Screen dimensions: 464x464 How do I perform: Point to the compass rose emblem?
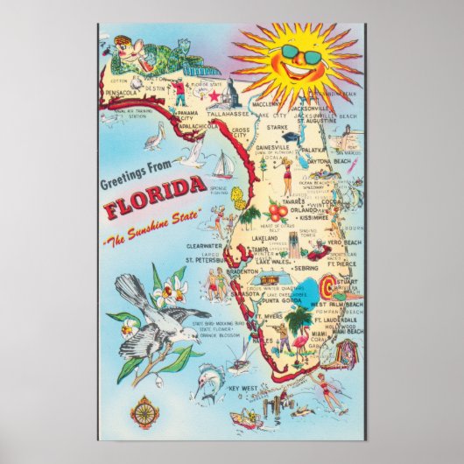146,408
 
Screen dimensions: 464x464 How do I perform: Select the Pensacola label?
123,91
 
